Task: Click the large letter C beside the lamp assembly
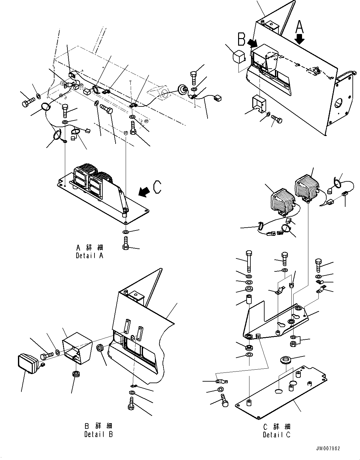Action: coord(157,187)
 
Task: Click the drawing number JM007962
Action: coord(328,449)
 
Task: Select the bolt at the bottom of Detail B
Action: coord(131,404)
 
